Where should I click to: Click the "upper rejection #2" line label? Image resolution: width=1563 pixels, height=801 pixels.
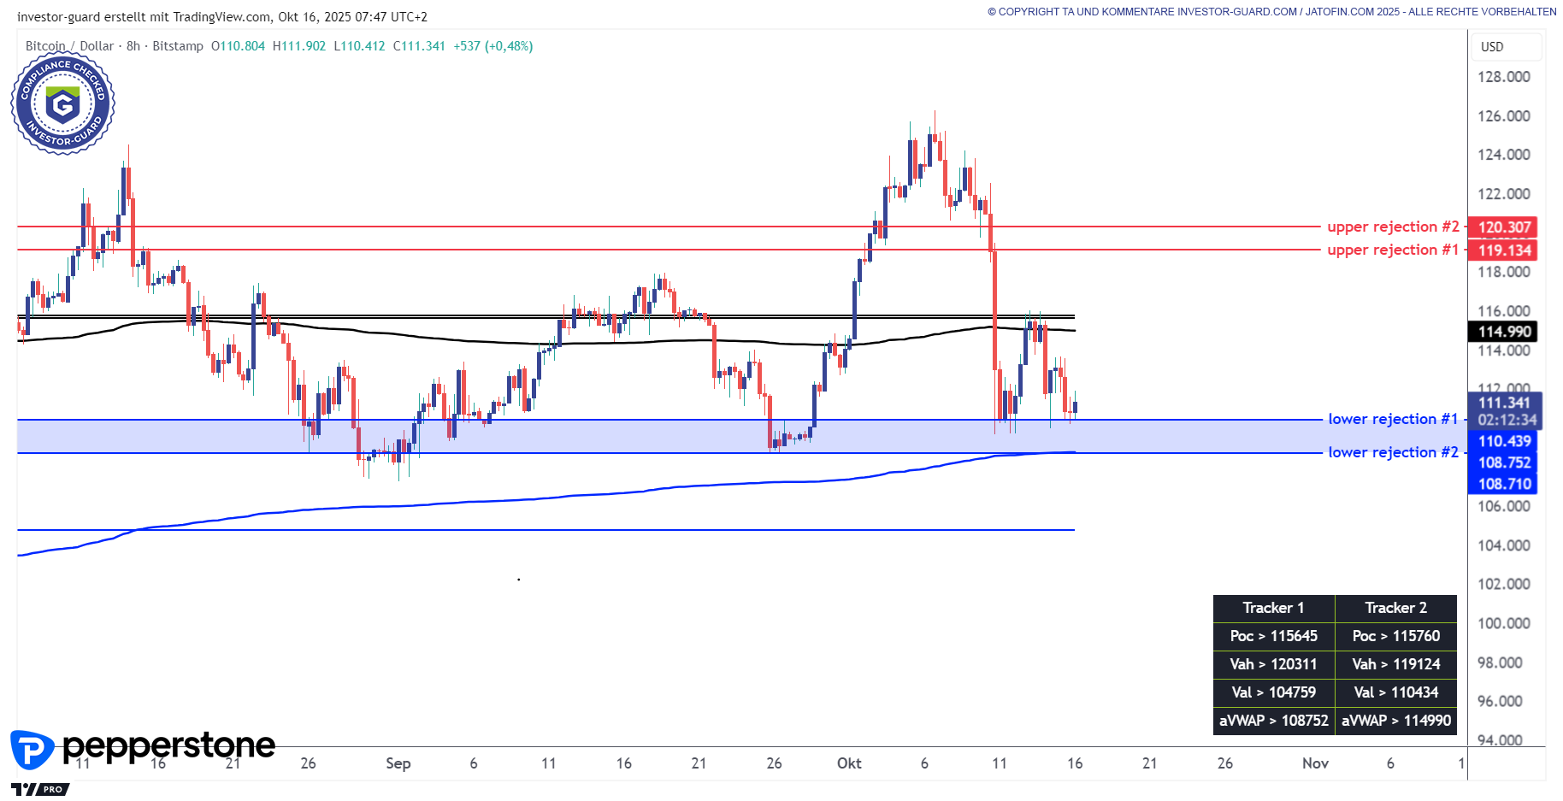(x=1393, y=227)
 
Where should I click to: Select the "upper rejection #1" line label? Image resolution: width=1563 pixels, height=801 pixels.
(x=1393, y=250)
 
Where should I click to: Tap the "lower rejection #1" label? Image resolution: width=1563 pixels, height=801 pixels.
(x=1393, y=419)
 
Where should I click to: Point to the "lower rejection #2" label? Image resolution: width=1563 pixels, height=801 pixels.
(x=1393, y=452)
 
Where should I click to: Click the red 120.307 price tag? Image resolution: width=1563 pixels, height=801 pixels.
(x=1504, y=227)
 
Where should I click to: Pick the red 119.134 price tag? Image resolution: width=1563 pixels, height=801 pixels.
(x=1504, y=250)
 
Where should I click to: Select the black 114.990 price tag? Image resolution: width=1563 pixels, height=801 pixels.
(x=1504, y=332)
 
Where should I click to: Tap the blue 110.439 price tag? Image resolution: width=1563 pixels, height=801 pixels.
(x=1504, y=441)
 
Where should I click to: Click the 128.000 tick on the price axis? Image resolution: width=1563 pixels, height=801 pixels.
(x=1503, y=77)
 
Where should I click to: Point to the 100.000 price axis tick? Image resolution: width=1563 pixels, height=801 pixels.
(x=1503, y=623)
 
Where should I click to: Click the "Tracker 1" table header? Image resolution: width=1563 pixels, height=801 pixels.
(x=1273, y=608)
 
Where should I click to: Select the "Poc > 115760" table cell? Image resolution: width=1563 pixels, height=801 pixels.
(x=1395, y=636)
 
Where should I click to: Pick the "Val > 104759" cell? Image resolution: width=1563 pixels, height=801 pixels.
(x=1273, y=692)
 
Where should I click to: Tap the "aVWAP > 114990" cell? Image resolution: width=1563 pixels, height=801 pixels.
(x=1395, y=721)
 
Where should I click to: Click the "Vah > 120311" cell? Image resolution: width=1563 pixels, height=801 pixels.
(x=1273, y=664)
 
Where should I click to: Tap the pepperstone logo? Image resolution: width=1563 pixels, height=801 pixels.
(x=143, y=748)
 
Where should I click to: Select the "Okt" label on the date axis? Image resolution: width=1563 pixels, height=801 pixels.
(x=849, y=763)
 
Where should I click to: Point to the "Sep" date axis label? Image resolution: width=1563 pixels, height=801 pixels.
(x=398, y=763)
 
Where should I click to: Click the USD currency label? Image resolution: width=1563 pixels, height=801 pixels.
(x=1492, y=47)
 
